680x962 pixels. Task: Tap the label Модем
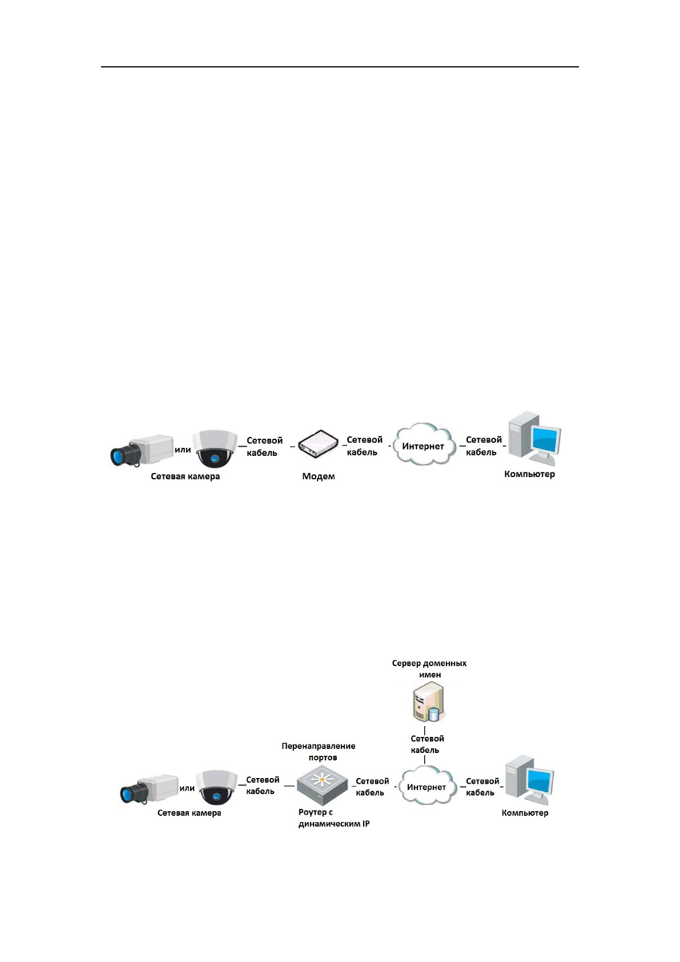tap(319, 476)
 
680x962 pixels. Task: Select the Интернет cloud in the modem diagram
tap(423, 446)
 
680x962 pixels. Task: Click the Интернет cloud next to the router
tap(426, 787)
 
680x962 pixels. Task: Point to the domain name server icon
tap(428, 703)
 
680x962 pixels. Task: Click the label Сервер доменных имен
tap(429, 669)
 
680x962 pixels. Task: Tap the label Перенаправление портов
tap(319, 752)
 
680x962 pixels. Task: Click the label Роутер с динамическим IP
tap(333, 818)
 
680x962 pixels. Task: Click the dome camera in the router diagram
tap(216, 787)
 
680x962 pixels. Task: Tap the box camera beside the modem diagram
tap(142, 450)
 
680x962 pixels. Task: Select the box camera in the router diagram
tap(149, 789)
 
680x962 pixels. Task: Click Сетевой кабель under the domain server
tap(426, 744)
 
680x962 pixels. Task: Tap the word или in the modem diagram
tap(183, 450)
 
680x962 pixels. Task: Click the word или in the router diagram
tap(187, 788)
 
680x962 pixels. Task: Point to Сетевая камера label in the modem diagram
tap(185, 476)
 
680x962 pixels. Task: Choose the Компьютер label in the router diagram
tap(525, 813)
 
